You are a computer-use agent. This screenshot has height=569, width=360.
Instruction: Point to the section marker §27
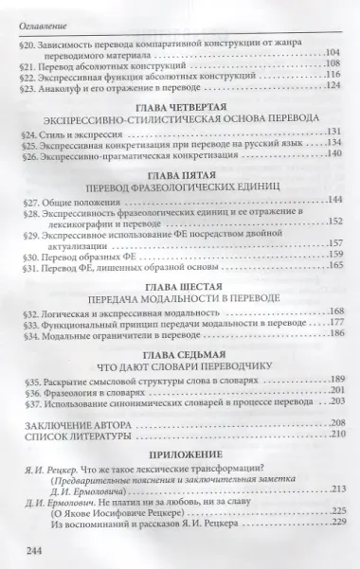pyautogui.click(x=29, y=202)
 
